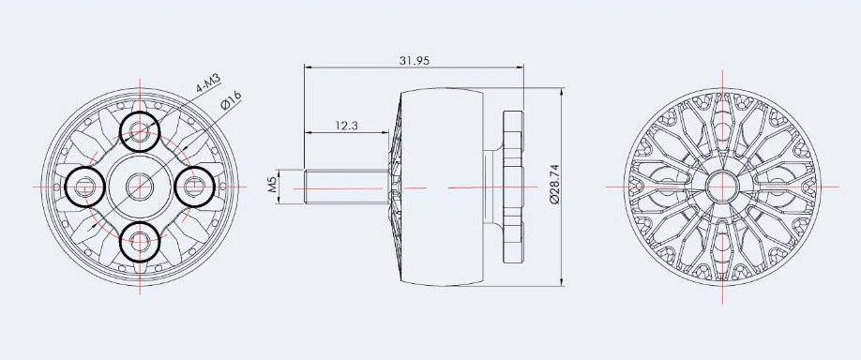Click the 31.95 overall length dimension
click(414, 61)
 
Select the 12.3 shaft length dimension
click(346, 126)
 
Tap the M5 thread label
click(272, 186)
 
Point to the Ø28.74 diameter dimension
click(554, 184)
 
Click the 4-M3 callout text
click(208, 84)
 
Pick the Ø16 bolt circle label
click(231, 101)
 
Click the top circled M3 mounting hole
click(140, 131)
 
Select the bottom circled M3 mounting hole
click(140, 241)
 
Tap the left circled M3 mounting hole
click(84, 187)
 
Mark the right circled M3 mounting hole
click(194, 187)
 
